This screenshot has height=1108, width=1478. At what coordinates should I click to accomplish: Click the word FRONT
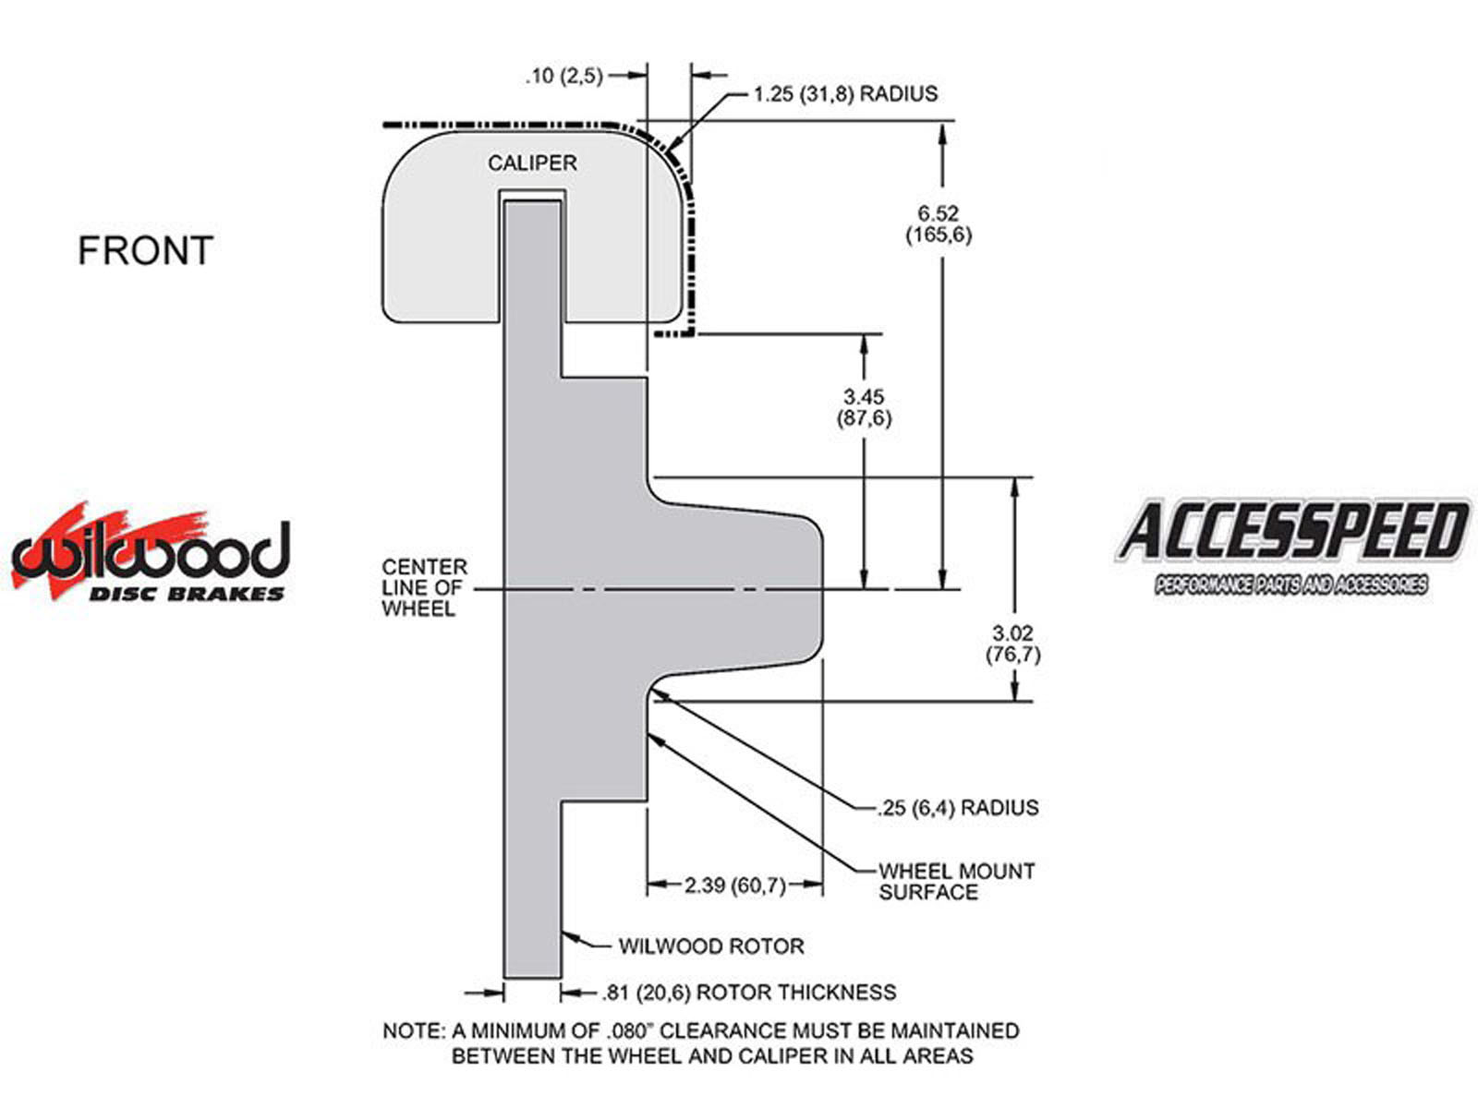pos(145,251)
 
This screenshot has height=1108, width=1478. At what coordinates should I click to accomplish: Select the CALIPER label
pos(532,163)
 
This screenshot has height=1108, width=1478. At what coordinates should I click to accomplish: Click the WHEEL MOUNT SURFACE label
pos(956,882)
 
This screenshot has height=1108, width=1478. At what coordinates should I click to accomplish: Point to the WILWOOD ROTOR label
pos(710,946)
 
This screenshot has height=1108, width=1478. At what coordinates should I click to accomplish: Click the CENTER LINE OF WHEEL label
pos(424,587)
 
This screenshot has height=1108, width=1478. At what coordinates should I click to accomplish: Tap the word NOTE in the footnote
pos(412,1030)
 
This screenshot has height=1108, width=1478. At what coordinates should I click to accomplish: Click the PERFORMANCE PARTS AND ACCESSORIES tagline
pos(1290,585)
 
